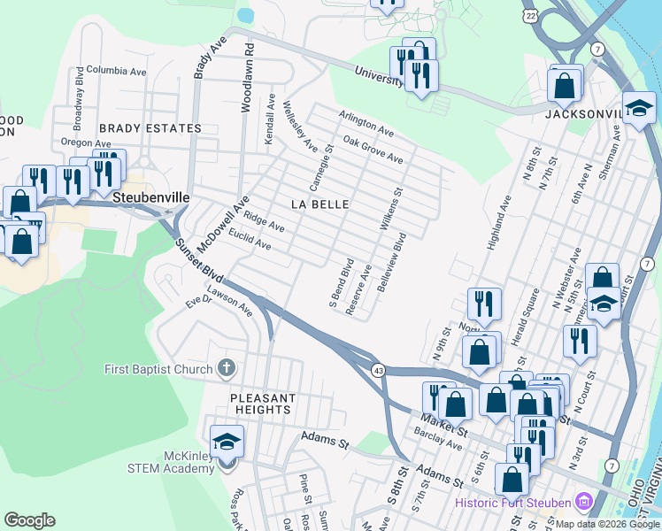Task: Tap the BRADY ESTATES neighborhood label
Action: pyautogui.click(x=150, y=128)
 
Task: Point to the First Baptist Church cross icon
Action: pyautogui.click(x=226, y=368)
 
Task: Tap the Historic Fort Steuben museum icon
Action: pyautogui.click(x=582, y=503)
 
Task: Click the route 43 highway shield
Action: pyautogui.click(x=378, y=369)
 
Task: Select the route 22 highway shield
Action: pyautogui.click(x=529, y=15)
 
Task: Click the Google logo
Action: pyautogui.click(x=29, y=519)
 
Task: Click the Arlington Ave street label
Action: pyautogui.click(x=367, y=123)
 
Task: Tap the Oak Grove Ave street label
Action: pyautogui.click(x=373, y=150)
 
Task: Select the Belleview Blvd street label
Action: pyautogui.click(x=391, y=263)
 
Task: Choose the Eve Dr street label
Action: pyautogui.click(x=199, y=302)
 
